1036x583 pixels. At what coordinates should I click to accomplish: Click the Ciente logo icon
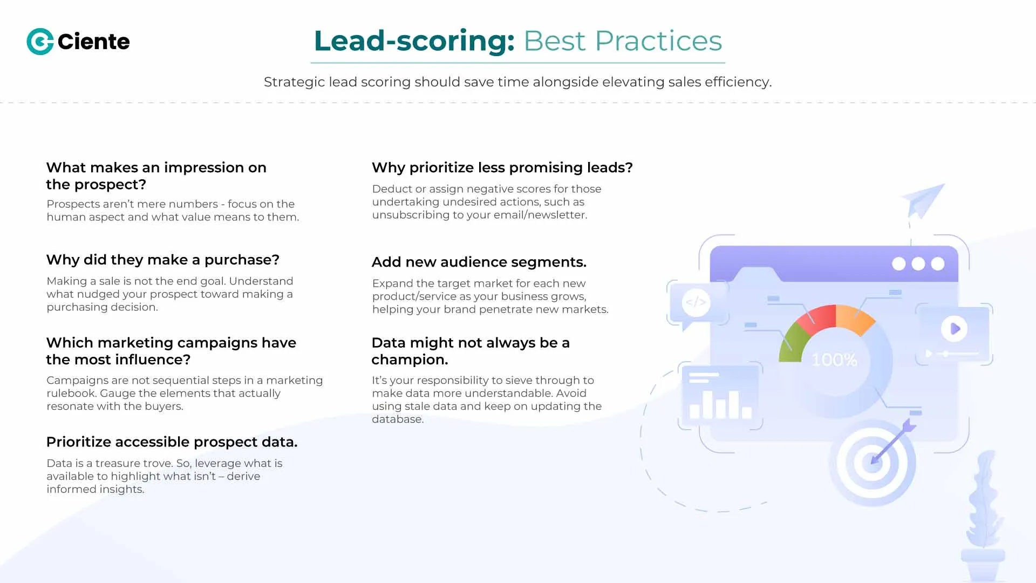pos(40,42)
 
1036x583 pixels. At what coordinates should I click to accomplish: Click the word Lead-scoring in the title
pos(414,41)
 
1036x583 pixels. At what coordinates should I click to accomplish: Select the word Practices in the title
pos(658,41)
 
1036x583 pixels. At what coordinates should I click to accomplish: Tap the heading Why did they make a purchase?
pos(162,260)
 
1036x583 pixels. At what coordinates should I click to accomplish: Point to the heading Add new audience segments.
pos(479,262)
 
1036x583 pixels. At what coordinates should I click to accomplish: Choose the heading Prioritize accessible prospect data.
pos(172,442)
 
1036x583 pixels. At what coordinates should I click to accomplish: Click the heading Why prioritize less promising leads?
pos(502,167)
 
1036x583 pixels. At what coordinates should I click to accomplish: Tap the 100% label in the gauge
pos(834,360)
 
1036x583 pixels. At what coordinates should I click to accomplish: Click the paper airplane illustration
pos(923,200)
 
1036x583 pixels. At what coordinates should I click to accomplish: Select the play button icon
pos(954,328)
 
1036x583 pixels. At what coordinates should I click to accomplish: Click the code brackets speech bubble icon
pos(696,302)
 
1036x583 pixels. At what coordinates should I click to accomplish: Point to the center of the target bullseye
pos(872,462)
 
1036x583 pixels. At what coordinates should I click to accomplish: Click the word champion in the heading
pos(410,360)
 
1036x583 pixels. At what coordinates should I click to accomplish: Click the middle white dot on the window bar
pos(918,263)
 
